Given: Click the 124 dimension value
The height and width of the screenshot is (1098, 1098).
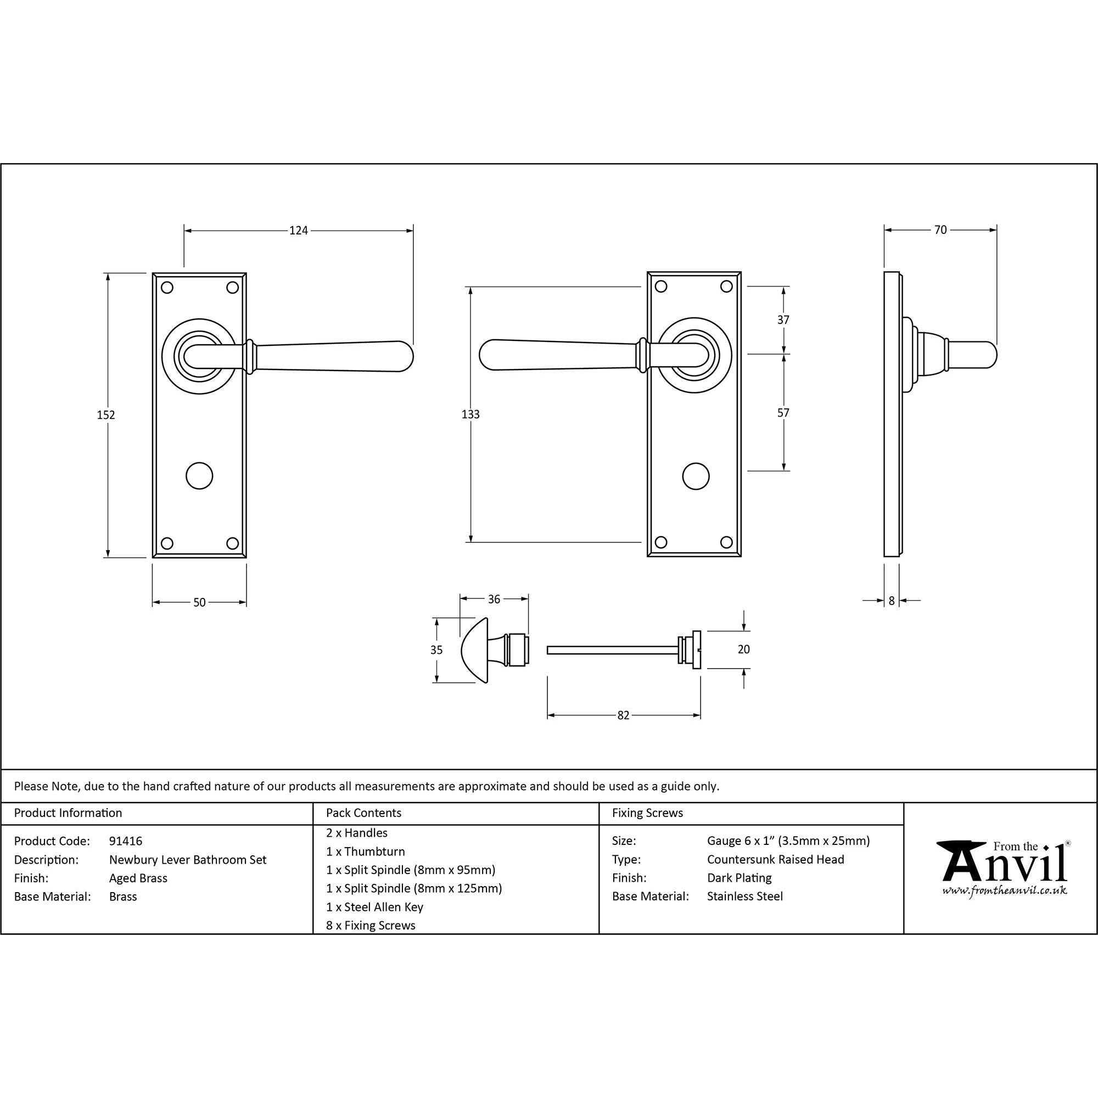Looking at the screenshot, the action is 298,230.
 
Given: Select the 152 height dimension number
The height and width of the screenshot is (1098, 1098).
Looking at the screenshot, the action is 106,415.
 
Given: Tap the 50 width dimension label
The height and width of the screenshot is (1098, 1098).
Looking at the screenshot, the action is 199,602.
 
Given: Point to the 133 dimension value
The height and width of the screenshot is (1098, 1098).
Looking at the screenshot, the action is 470,414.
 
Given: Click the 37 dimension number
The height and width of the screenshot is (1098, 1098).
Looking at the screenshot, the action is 783,320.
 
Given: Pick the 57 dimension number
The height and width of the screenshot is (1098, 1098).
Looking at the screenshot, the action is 783,413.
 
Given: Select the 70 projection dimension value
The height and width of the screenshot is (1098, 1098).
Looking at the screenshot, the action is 940,229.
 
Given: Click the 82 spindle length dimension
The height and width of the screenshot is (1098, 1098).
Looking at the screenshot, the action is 624,715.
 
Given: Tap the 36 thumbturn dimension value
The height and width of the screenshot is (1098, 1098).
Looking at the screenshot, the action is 494,599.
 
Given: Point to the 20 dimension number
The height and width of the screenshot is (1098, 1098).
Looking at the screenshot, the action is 743,649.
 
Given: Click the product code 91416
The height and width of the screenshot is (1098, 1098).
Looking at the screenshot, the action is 126,841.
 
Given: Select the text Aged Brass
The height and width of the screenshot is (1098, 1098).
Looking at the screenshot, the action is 138,878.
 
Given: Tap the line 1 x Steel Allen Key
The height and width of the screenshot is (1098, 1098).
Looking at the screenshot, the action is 374,907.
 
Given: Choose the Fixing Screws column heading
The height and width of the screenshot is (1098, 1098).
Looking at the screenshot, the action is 647,813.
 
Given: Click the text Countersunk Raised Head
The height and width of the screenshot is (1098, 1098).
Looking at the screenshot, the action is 776,859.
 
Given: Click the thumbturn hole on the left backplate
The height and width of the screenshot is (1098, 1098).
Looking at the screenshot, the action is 199,475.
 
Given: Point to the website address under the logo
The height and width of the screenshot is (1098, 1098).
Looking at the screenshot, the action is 1004,890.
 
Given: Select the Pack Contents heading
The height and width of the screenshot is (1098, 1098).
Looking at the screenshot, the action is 364,813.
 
